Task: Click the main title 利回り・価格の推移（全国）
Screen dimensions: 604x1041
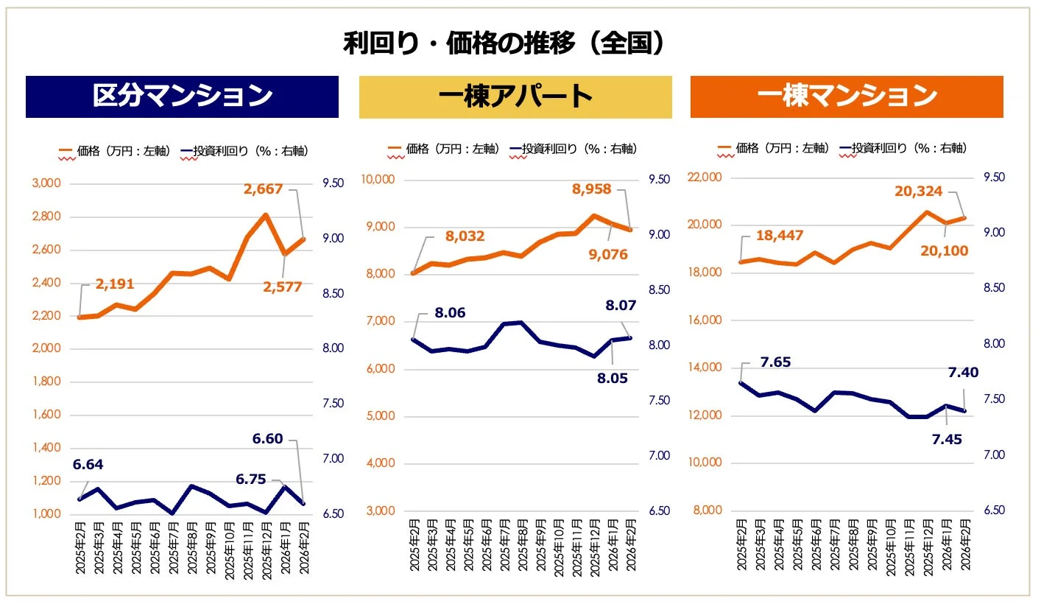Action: tap(507, 43)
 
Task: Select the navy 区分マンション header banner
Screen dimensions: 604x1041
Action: tap(182, 96)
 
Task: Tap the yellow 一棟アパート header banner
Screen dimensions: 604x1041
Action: tap(515, 96)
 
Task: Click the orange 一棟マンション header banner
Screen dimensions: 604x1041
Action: tap(847, 96)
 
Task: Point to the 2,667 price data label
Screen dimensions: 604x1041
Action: tap(263, 189)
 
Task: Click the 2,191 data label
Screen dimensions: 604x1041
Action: tap(115, 284)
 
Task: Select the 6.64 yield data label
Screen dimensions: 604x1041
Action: tap(88, 465)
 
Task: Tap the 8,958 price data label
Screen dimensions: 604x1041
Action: tap(591, 189)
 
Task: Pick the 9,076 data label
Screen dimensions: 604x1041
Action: tap(607, 255)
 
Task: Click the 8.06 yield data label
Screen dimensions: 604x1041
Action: tap(450, 313)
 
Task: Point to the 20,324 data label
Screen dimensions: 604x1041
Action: tap(918, 192)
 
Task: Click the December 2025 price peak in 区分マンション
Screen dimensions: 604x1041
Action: tap(265, 215)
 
